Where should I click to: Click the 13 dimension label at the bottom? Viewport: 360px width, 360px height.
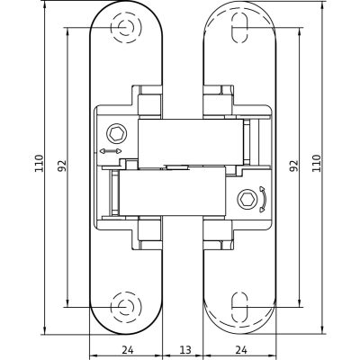[185, 349]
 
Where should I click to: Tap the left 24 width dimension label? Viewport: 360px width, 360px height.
[128, 349]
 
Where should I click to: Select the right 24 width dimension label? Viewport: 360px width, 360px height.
[241, 349]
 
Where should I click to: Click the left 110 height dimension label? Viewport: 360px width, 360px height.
[39, 163]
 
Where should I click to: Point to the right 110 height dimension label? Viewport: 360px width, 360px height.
[316, 163]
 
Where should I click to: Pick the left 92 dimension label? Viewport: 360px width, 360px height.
[62, 166]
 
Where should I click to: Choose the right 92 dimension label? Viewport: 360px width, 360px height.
[294, 166]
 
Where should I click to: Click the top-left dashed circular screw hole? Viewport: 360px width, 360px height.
[126, 28]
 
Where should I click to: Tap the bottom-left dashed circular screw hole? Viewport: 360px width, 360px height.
[126, 307]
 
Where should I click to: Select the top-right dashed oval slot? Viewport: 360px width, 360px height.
[240, 28]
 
